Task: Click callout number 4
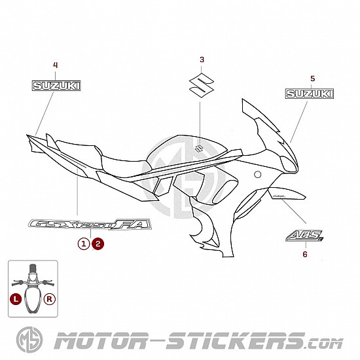coord(56,65)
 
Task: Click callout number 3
coord(202,60)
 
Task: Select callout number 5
coord(313,79)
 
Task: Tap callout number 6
coord(305,255)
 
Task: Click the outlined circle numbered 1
coord(84,243)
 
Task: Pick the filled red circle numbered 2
coord(98,243)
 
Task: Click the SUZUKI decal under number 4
coord(56,86)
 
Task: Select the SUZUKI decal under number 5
coord(310,94)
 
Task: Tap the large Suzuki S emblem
coord(202,85)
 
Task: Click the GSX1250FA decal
coord(90,225)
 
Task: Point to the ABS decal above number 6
coord(304,236)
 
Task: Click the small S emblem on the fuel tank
coord(199,149)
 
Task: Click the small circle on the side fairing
coord(258,175)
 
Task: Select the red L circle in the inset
coord(16,299)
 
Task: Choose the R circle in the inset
coord(50,299)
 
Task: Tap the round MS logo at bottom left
coord(29,340)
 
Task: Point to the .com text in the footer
coord(325,344)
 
